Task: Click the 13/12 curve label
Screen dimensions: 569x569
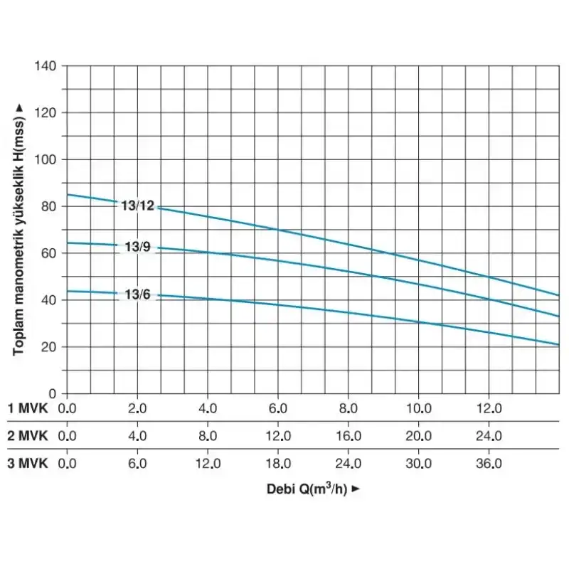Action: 138,206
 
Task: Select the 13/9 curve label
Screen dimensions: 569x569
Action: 137,248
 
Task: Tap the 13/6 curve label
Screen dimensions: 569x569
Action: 137,294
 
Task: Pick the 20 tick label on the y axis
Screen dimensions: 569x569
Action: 49,346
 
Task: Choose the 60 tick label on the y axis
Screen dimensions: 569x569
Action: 49,252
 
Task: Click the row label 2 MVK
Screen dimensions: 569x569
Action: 27,436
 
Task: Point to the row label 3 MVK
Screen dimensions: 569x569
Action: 27,463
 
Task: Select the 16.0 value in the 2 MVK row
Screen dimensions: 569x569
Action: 349,436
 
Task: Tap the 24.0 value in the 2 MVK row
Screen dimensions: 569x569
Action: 489,436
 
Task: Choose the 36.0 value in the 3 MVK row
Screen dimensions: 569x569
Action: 489,463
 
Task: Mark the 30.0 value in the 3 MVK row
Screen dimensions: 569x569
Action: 418,463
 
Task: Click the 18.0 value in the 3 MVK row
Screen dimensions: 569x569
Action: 278,463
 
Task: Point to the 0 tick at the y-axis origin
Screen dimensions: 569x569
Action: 53,393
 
